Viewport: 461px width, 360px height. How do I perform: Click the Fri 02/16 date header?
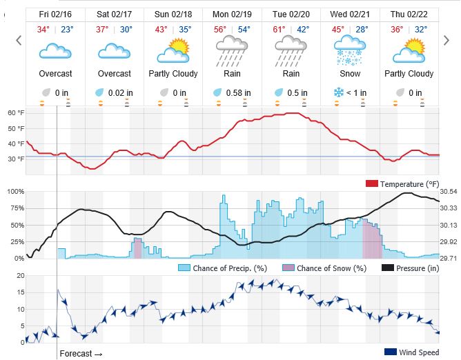coord(56,14)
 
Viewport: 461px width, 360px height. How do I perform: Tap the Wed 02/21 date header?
coord(350,14)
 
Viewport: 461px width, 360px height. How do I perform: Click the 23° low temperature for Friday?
coord(68,30)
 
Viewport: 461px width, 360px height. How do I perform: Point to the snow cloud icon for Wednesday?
coord(350,51)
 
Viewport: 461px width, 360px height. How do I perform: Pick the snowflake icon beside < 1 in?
coord(339,93)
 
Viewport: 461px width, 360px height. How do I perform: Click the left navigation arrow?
coord(19,41)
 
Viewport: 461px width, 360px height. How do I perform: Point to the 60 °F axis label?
coord(15,112)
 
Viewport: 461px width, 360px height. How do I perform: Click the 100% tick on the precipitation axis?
coord(15,191)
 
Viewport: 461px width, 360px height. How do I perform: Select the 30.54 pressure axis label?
coord(449,191)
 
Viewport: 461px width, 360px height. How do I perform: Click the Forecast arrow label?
coord(81,353)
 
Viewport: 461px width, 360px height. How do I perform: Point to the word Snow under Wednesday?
coord(350,74)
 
